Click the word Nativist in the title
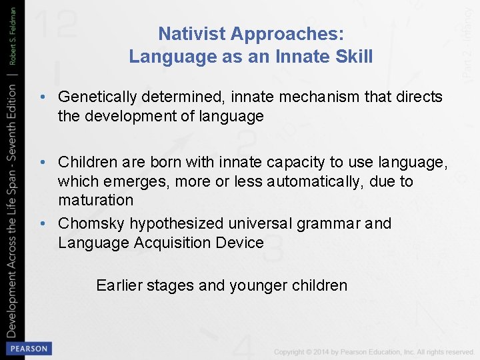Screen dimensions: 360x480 click(189, 33)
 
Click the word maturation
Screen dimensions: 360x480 click(95, 200)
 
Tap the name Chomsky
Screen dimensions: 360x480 click(91, 223)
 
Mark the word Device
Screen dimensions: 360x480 click(239, 243)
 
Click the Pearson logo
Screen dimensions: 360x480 click(28, 348)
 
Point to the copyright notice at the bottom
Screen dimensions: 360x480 click(373, 351)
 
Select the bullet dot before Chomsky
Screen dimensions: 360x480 click(43, 223)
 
